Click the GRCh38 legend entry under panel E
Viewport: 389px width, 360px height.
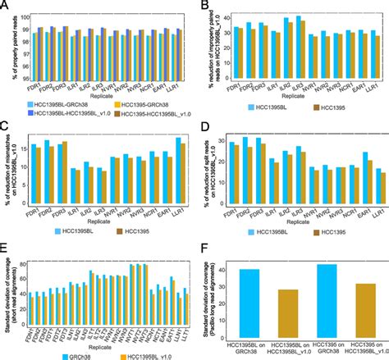coord(74,355)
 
